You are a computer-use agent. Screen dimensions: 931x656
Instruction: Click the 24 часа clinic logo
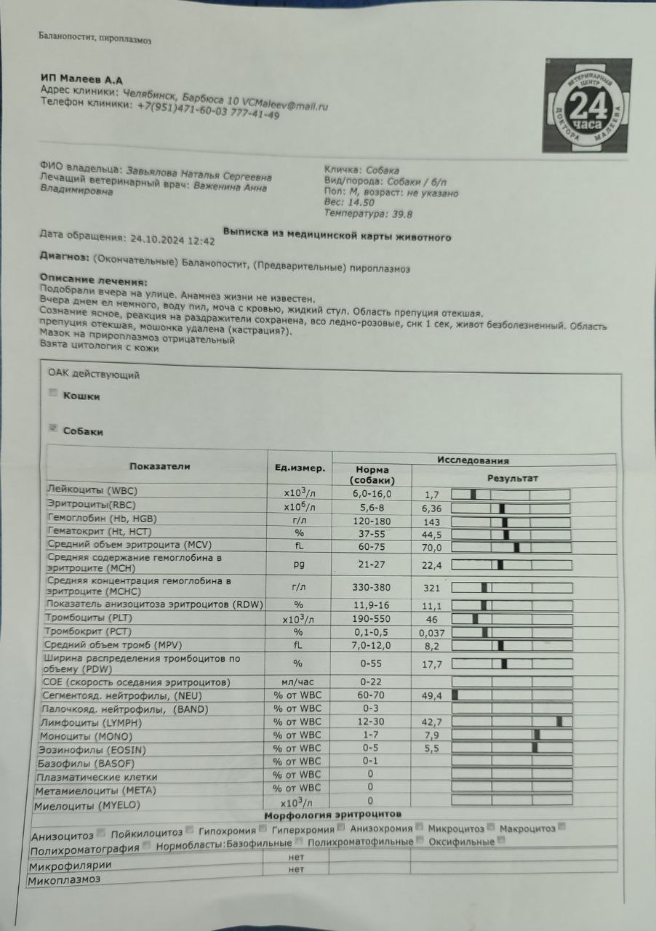(587, 106)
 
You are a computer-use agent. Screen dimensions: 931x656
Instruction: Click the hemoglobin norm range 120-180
(371, 521)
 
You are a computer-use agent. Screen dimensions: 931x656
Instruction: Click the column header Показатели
(160, 467)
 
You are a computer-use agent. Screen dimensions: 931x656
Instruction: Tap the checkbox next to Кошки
(52, 393)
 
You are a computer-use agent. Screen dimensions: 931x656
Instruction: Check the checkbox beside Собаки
(52, 428)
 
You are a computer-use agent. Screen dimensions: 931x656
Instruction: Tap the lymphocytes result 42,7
(433, 722)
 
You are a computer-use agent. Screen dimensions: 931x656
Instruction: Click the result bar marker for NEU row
(455, 695)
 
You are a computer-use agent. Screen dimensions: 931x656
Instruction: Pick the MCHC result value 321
(432, 588)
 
